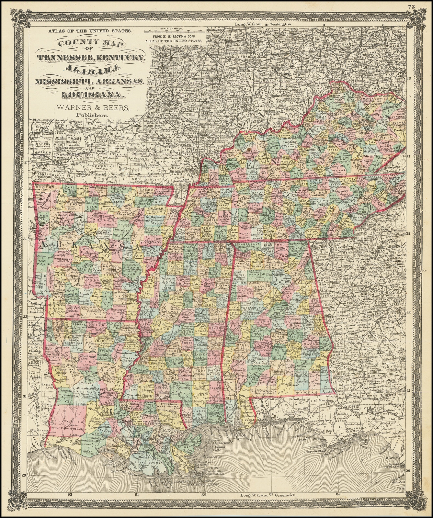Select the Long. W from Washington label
[263, 24]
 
